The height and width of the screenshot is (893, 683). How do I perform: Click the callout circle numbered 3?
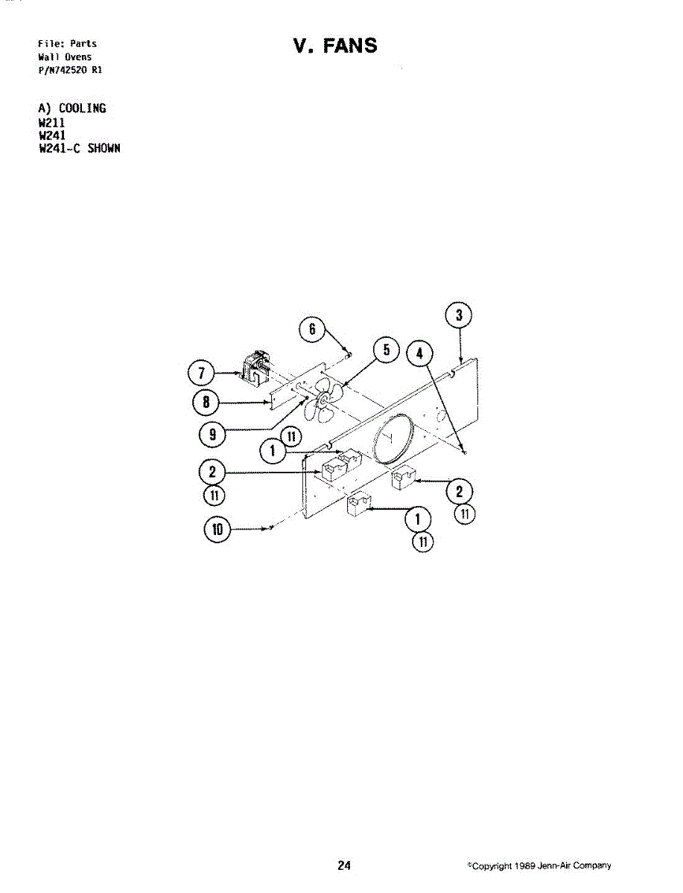click(459, 315)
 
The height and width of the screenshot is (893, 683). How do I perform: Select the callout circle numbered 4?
click(419, 353)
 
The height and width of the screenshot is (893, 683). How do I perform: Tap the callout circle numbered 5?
click(387, 350)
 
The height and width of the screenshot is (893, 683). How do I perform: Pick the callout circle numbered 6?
click(312, 329)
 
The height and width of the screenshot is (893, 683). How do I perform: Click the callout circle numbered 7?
click(201, 373)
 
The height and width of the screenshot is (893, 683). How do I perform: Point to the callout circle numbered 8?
click(206, 403)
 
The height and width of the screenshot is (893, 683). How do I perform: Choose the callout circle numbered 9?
click(212, 435)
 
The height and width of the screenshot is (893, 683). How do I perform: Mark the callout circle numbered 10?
click(217, 529)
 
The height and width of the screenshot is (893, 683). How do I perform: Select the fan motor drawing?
click(255, 368)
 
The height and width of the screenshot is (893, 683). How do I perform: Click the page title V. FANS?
click(335, 45)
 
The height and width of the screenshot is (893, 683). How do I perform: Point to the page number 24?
click(344, 865)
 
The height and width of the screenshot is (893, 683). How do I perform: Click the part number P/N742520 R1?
click(70, 70)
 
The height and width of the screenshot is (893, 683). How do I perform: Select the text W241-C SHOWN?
click(80, 148)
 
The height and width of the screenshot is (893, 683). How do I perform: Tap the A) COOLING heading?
click(72, 108)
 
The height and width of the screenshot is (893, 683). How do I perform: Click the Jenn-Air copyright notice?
click(539, 865)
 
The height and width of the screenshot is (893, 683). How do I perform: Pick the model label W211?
click(51, 123)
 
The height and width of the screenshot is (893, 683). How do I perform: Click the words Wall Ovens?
click(65, 57)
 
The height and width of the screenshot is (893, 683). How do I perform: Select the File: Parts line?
click(67, 43)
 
